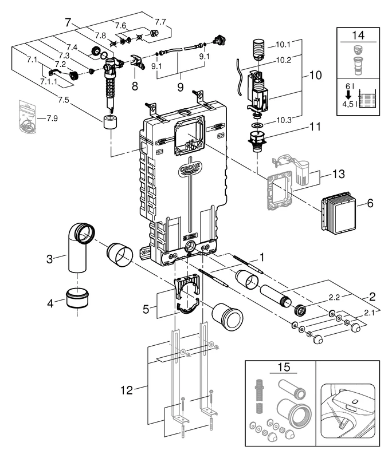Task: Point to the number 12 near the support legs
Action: tap(127, 390)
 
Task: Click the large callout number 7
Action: tap(69, 23)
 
